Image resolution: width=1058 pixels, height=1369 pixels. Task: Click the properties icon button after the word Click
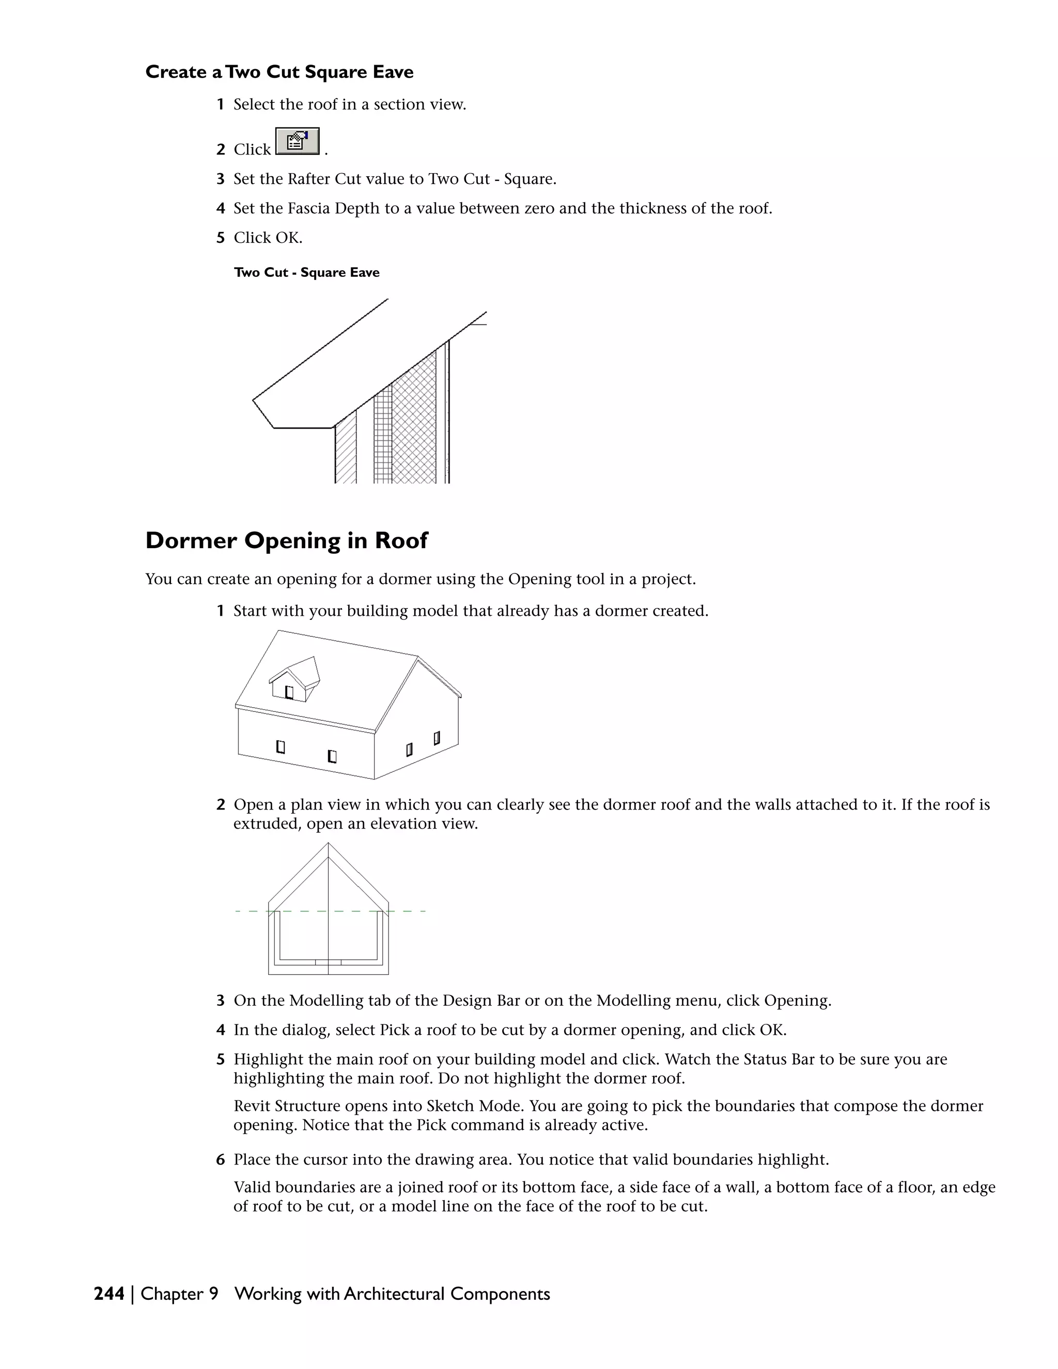(297, 142)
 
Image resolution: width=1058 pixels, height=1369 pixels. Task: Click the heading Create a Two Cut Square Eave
(279, 72)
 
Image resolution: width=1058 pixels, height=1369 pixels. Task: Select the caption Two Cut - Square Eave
(306, 273)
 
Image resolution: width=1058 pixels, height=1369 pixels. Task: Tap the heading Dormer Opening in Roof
(286, 540)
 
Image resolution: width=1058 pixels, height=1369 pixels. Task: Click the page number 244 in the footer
(108, 1294)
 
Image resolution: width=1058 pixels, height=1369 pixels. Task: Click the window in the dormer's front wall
(289, 692)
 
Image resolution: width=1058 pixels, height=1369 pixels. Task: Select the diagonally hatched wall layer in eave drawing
(346, 452)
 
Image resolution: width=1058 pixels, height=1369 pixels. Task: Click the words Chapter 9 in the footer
(179, 1294)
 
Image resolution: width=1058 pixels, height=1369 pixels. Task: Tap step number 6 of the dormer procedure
(221, 1160)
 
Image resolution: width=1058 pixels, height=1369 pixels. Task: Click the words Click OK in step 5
(268, 238)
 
